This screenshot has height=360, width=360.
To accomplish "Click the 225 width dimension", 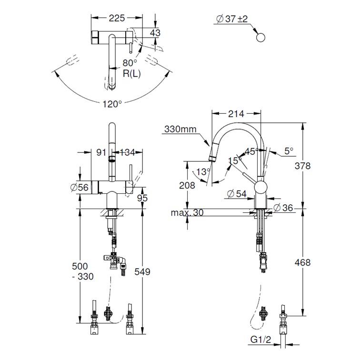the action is [117, 18].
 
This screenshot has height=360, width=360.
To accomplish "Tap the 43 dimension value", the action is [155, 32].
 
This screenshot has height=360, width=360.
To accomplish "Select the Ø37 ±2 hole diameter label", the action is [232, 19].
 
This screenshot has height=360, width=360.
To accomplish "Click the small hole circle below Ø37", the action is [260, 38].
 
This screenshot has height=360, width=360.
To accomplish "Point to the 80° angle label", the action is [130, 63].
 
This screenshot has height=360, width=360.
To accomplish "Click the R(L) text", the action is [132, 74].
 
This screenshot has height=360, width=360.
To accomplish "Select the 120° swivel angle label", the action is [112, 104].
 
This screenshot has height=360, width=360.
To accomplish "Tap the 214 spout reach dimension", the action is [236, 114].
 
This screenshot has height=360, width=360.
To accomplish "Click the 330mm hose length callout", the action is [180, 129].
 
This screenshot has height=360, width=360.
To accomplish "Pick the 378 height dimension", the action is [302, 166].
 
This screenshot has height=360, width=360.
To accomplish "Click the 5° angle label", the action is [289, 151].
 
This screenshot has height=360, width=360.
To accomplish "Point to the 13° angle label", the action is [203, 171].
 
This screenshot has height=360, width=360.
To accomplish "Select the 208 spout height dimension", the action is [187, 185].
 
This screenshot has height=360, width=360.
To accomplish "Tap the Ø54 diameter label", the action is [237, 194].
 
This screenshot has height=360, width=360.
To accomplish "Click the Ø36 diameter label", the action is [283, 208].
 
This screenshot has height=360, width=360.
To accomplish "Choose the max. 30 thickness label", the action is [187, 212].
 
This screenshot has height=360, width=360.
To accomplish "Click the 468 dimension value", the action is [302, 262].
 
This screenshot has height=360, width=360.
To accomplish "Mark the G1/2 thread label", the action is [260, 339].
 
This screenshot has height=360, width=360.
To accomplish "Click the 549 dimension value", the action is [142, 271].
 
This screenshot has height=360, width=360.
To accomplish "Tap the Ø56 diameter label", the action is [80, 188].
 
